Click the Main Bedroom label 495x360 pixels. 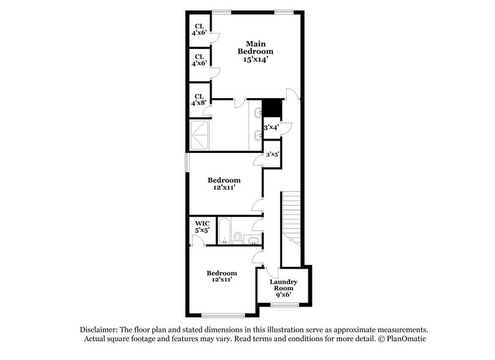[x=255, y=47]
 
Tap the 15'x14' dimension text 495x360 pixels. [x=255, y=59]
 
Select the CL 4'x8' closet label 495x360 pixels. [x=199, y=100]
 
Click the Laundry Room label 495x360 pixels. [x=283, y=285]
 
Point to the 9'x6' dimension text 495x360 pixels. [x=283, y=294]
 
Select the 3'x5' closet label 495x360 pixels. [x=272, y=154]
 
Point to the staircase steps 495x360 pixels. [x=292, y=214]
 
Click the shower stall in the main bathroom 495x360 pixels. [x=200, y=135]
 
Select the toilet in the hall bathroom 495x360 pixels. [x=238, y=237]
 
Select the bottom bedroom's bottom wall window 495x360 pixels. [x=219, y=315]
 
